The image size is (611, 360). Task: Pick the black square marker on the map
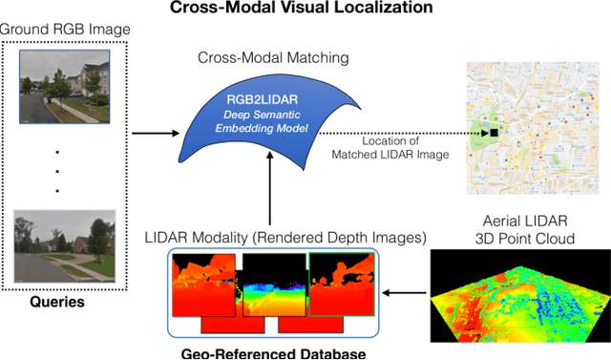[495, 133]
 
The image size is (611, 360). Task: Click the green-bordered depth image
[340, 285]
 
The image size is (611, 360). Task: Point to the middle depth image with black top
[273, 285]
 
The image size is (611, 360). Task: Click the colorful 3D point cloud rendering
[520, 291]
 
